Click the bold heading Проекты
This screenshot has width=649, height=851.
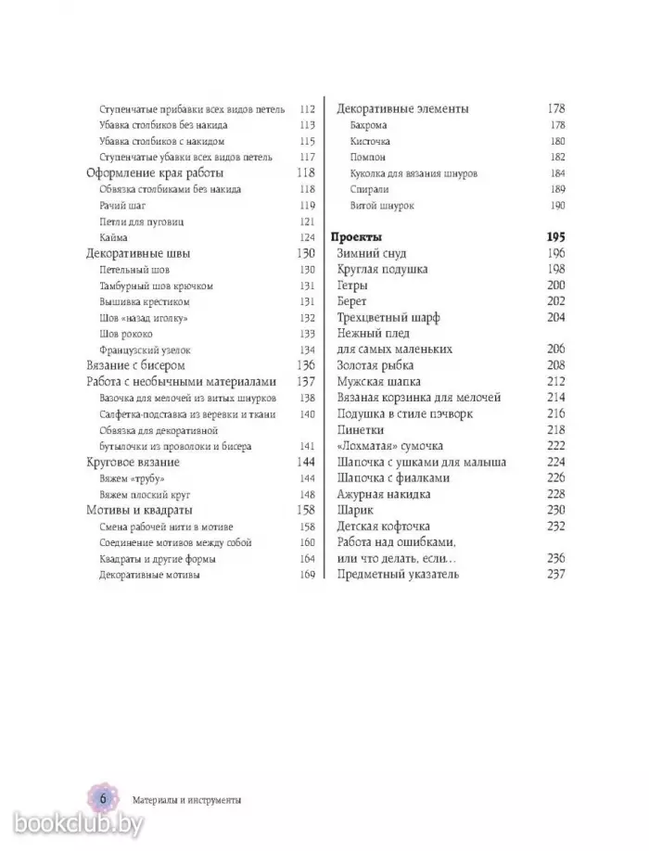(x=357, y=236)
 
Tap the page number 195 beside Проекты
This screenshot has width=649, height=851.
(x=556, y=236)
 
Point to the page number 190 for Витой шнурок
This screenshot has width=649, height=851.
(x=557, y=205)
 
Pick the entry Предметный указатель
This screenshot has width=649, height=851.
(x=399, y=574)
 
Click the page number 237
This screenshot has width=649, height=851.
(x=556, y=574)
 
